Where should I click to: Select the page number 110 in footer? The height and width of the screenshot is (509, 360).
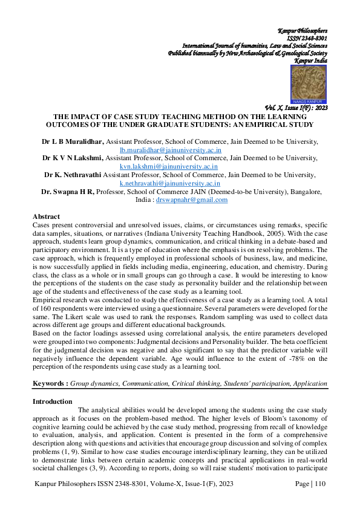319,484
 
